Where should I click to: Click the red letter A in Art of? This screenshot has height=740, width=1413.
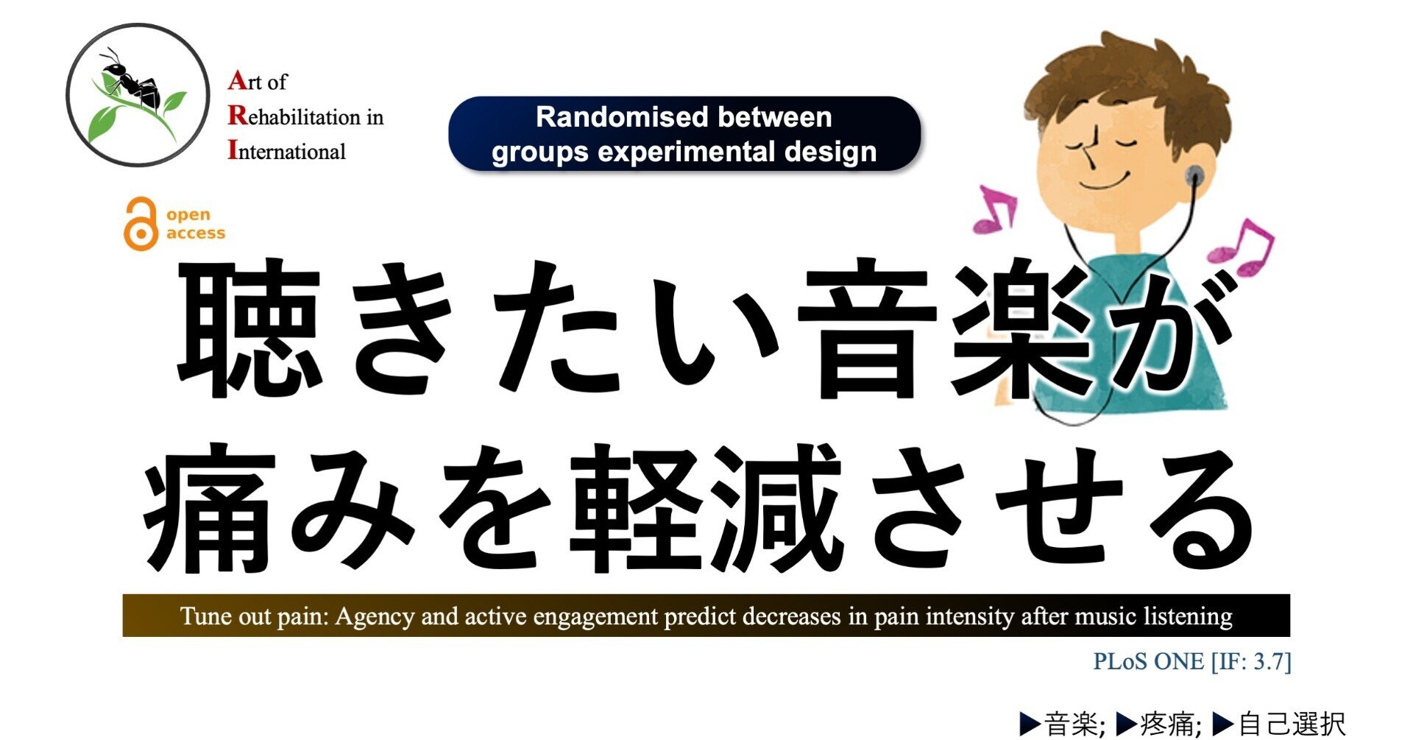pyautogui.click(x=237, y=80)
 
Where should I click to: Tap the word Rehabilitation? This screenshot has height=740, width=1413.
pyautogui.click(x=294, y=116)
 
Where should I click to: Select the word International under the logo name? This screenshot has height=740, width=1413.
pyautogui.click(x=286, y=151)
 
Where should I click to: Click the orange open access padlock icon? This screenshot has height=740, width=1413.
pyautogui.click(x=140, y=224)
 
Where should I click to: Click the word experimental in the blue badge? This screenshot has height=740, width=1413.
pyautogui.click(x=684, y=152)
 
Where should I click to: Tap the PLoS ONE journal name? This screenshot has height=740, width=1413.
pyautogui.click(x=1148, y=661)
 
